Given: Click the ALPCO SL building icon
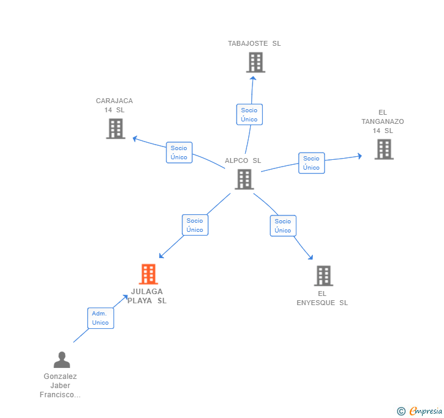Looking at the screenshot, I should tap(244, 179).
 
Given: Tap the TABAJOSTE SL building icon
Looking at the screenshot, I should tap(256, 62).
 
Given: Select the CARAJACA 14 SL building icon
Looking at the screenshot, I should tap(115, 128).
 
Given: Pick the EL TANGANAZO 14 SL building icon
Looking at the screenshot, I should tap(384, 149).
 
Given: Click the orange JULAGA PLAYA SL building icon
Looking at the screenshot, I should tap(148, 274).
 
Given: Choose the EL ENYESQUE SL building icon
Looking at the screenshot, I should tap(323, 276).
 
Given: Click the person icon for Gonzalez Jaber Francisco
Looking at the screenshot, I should tap(61, 359).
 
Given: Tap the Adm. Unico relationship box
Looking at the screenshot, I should tap(100, 318).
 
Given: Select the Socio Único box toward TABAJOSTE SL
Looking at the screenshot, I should tap(249, 115).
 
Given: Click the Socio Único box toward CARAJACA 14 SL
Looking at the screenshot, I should tap(179, 153).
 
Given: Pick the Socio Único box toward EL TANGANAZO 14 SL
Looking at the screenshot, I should tap(311, 163).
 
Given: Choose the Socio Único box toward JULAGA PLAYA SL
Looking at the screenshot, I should tap(195, 225).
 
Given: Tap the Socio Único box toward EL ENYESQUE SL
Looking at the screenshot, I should tap(283, 226).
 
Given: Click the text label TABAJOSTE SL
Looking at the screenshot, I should tap(254, 43).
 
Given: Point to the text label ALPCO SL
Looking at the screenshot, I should tap(243, 160).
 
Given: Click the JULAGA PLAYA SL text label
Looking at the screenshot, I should tap(147, 296).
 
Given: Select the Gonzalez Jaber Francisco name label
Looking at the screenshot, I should tap(60, 386).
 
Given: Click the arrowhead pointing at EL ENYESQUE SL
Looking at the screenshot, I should tap(310, 258).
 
